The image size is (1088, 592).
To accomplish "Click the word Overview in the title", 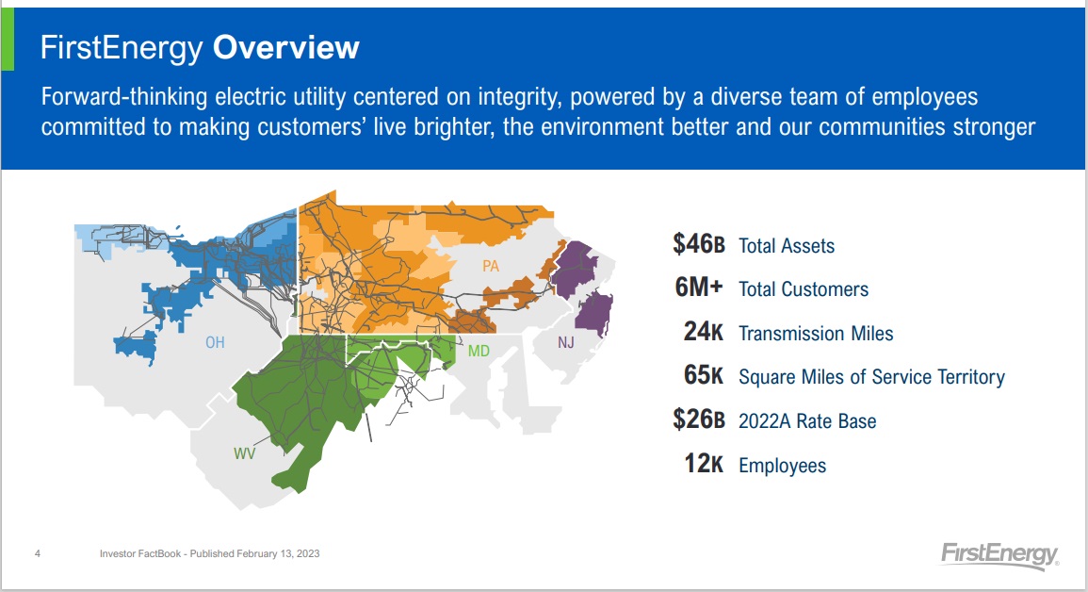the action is (285, 47).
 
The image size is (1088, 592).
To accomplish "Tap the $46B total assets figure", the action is (699, 244).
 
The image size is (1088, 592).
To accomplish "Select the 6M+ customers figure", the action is (699, 288).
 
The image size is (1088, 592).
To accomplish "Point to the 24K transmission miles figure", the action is (704, 332).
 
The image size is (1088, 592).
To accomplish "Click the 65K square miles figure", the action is (704, 375).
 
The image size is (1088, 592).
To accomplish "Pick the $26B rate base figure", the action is (699, 419).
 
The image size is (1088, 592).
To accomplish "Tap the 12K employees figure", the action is (704, 464).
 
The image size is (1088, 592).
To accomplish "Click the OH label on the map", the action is (215, 342).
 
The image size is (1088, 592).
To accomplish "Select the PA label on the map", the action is (491, 266).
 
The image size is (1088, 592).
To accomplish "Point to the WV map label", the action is (244, 453).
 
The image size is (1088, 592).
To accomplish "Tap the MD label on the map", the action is (479, 352).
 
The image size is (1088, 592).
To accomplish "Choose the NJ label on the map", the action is (566, 342).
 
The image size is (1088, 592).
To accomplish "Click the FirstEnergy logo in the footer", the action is (999, 555).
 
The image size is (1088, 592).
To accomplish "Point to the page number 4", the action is (38, 553).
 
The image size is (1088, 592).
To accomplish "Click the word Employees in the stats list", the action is (782, 465).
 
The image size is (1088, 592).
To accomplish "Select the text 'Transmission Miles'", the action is (816, 333).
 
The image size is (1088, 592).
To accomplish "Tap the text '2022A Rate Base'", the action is (807, 420).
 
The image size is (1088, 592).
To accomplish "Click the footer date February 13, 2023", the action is (278, 554).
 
